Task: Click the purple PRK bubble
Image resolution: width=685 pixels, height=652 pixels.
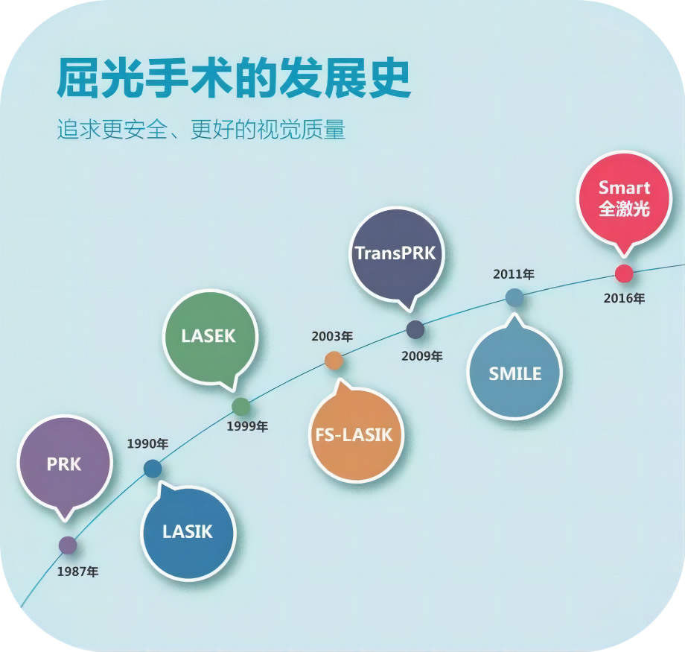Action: (x=64, y=463)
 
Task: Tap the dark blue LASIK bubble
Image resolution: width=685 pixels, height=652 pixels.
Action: (x=188, y=532)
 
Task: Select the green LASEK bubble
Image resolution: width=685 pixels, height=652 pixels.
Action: (x=209, y=336)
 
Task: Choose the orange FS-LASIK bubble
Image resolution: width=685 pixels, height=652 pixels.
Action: (x=355, y=434)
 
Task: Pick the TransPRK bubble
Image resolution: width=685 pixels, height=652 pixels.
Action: (x=395, y=253)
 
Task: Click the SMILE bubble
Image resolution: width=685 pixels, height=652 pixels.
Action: (x=514, y=373)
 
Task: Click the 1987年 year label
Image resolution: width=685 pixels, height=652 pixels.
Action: (x=77, y=572)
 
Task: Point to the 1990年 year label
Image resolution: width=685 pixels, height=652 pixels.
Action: (x=147, y=444)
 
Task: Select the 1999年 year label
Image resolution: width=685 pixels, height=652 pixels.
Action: (x=247, y=426)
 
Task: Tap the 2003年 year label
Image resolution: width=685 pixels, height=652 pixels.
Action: (x=332, y=336)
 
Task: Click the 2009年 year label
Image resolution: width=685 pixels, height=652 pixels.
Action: (x=421, y=356)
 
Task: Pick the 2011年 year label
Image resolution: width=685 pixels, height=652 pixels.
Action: (x=513, y=274)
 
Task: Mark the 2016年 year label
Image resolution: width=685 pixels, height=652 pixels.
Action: (x=624, y=298)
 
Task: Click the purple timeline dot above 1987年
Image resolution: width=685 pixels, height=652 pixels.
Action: (x=68, y=545)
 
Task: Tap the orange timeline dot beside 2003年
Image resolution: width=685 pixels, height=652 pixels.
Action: (x=334, y=361)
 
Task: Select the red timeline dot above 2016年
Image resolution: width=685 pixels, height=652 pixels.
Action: (x=624, y=273)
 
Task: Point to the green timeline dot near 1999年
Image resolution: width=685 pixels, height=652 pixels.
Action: (x=241, y=406)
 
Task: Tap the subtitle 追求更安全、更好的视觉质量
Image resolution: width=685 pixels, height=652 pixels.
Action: (x=201, y=130)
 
